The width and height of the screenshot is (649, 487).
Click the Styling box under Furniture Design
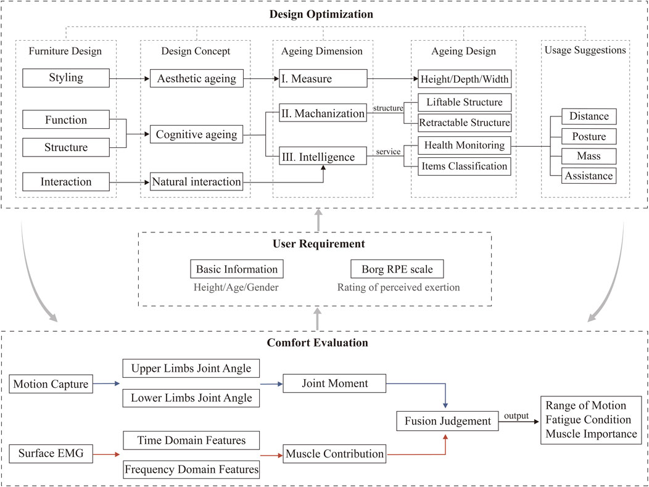(66, 78)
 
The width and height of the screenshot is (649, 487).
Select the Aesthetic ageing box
(197, 78)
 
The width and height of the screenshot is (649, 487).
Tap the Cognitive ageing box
(196, 134)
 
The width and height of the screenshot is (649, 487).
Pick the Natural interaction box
(196, 182)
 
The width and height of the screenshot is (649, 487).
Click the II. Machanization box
(323, 113)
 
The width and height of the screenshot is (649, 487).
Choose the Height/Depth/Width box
(465, 79)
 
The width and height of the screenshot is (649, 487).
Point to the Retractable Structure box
(465, 123)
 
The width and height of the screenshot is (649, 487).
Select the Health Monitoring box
(465, 145)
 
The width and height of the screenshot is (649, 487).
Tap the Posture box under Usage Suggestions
(589, 136)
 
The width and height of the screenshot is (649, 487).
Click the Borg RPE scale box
(397, 269)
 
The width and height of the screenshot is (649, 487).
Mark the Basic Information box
(237, 269)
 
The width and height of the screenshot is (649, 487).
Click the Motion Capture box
(51, 384)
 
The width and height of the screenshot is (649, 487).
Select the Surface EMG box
(51, 454)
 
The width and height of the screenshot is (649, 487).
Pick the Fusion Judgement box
(447, 421)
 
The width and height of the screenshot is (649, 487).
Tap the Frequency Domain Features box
(191, 470)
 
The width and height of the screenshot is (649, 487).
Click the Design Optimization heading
(321, 14)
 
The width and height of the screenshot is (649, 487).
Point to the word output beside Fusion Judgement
(516, 416)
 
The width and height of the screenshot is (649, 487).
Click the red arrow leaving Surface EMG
(106, 454)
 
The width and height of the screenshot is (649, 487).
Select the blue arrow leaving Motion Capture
(106, 383)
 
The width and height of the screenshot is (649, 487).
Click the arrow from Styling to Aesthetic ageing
(130, 79)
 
